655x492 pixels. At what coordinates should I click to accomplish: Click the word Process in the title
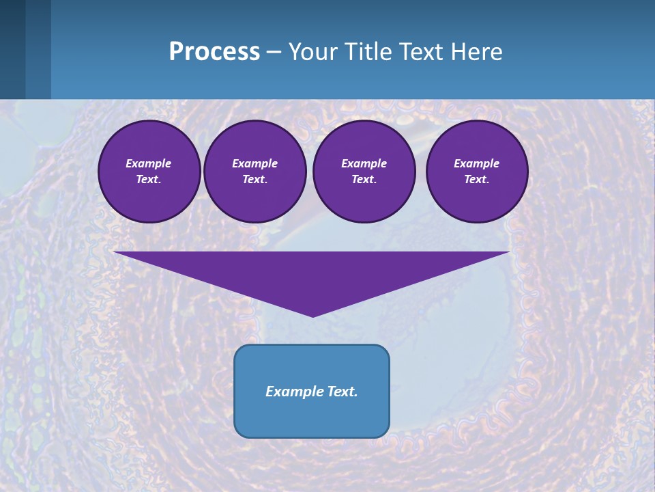[x=214, y=52]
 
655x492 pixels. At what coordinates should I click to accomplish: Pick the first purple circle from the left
[x=149, y=172]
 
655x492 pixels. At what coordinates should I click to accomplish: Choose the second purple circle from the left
[x=254, y=172]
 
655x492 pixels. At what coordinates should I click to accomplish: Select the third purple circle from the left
[x=364, y=172]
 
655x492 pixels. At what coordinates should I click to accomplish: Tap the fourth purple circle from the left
[x=476, y=172]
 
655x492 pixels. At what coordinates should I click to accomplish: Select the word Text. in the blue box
[x=341, y=392]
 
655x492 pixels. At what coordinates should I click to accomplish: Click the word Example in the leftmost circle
[x=149, y=163]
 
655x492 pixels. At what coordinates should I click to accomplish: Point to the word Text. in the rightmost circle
[x=476, y=180]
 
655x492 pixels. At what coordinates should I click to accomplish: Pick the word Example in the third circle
[x=364, y=163]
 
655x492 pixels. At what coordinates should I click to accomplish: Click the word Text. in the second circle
[x=254, y=180]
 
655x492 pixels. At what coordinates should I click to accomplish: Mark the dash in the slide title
[x=274, y=53]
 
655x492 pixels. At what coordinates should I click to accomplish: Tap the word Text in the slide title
[x=420, y=52]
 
